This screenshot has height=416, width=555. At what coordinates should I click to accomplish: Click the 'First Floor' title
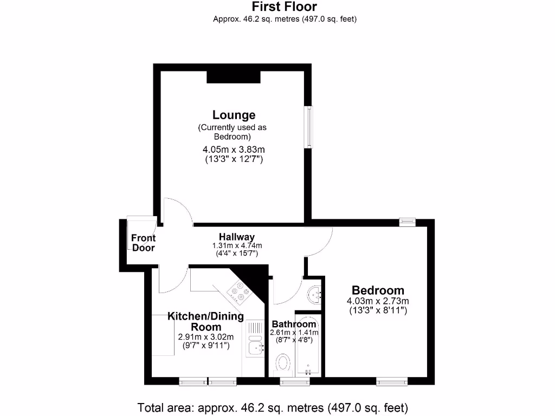pyautogui.click(x=285, y=7)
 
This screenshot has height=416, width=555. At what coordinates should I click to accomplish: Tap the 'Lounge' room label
pyautogui.click(x=234, y=115)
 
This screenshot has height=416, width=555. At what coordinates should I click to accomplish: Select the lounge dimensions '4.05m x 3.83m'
pyautogui.click(x=234, y=149)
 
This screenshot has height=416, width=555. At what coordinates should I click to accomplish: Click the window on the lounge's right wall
pyautogui.click(x=308, y=126)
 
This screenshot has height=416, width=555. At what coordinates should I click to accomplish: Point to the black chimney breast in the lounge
pyautogui.click(x=234, y=77)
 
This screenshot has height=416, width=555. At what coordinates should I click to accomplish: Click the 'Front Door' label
pyautogui.click(x=143, y=243)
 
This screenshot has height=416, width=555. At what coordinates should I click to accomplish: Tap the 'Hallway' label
pyautogui.click(x=237, y=237)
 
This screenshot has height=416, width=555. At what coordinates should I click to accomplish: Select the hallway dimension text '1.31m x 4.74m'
pyautogui.click(x=237, y=245)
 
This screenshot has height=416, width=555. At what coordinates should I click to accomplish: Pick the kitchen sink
pyautogui.click(x=254, y=347)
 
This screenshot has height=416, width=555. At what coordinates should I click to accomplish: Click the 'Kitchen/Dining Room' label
pyautogui.click(x=205, y=321)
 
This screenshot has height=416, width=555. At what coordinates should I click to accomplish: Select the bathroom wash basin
pyautogui.click(x=315, y=295)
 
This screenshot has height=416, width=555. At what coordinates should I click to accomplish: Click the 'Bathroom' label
pyautogui.click(x=294, y=324)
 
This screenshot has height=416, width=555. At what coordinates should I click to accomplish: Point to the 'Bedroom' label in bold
pyautogui.click(x=378, y=290)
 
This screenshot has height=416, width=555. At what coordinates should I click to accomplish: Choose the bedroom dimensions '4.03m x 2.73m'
pyautogui.click(x=378, y=301)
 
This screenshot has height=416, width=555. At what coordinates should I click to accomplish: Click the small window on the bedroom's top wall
pyautogui.click(x=407, y=221)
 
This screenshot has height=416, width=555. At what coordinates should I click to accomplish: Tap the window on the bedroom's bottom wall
pyautogui.click(x=392, y=382)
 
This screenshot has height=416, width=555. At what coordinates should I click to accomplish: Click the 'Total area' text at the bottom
pyautogui.click(x=273, y=407)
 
